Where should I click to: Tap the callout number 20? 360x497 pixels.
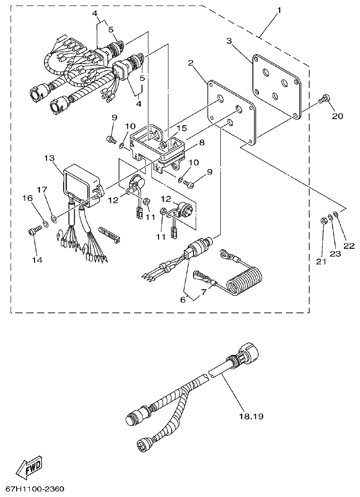tap(337, 116)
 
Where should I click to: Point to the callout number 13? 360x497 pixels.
tap(49, 158)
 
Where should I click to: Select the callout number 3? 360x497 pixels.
tap(229, 41)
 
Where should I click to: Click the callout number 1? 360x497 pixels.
tap(279, 10)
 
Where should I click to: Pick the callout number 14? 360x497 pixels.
tap(37, 260)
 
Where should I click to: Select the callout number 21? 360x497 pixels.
tap(321, 261)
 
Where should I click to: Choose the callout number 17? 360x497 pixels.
tap(42, 189)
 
